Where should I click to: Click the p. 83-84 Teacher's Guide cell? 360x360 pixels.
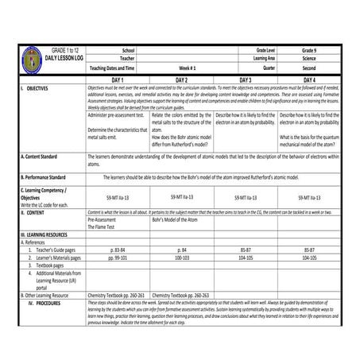pyautogui.click(x=118, y=251)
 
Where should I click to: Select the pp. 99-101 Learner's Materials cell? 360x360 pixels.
pyautogui.click(x=118, y=259)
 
